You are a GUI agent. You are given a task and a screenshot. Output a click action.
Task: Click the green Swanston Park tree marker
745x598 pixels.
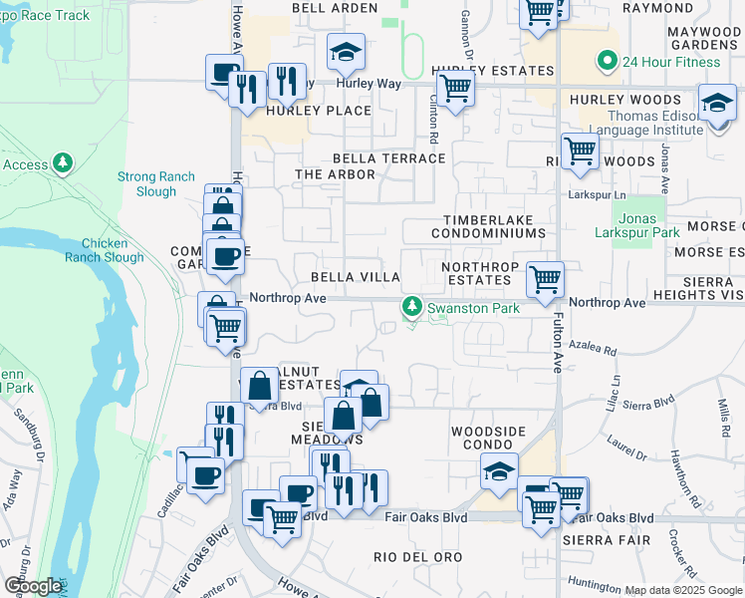click(411, 307)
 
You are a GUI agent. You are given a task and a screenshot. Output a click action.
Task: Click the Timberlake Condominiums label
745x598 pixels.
click(488, 225)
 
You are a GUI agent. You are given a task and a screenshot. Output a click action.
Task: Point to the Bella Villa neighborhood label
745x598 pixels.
click(356, 277)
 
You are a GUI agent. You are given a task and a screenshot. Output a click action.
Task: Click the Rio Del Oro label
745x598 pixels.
click(413, 556)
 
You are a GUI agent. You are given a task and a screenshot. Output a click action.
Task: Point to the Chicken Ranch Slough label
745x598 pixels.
click(105, 250)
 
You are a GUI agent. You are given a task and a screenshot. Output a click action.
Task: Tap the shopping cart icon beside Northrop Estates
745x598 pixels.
click(545, 280)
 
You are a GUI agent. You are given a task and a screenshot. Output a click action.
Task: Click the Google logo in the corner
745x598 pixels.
click(33, 586)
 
